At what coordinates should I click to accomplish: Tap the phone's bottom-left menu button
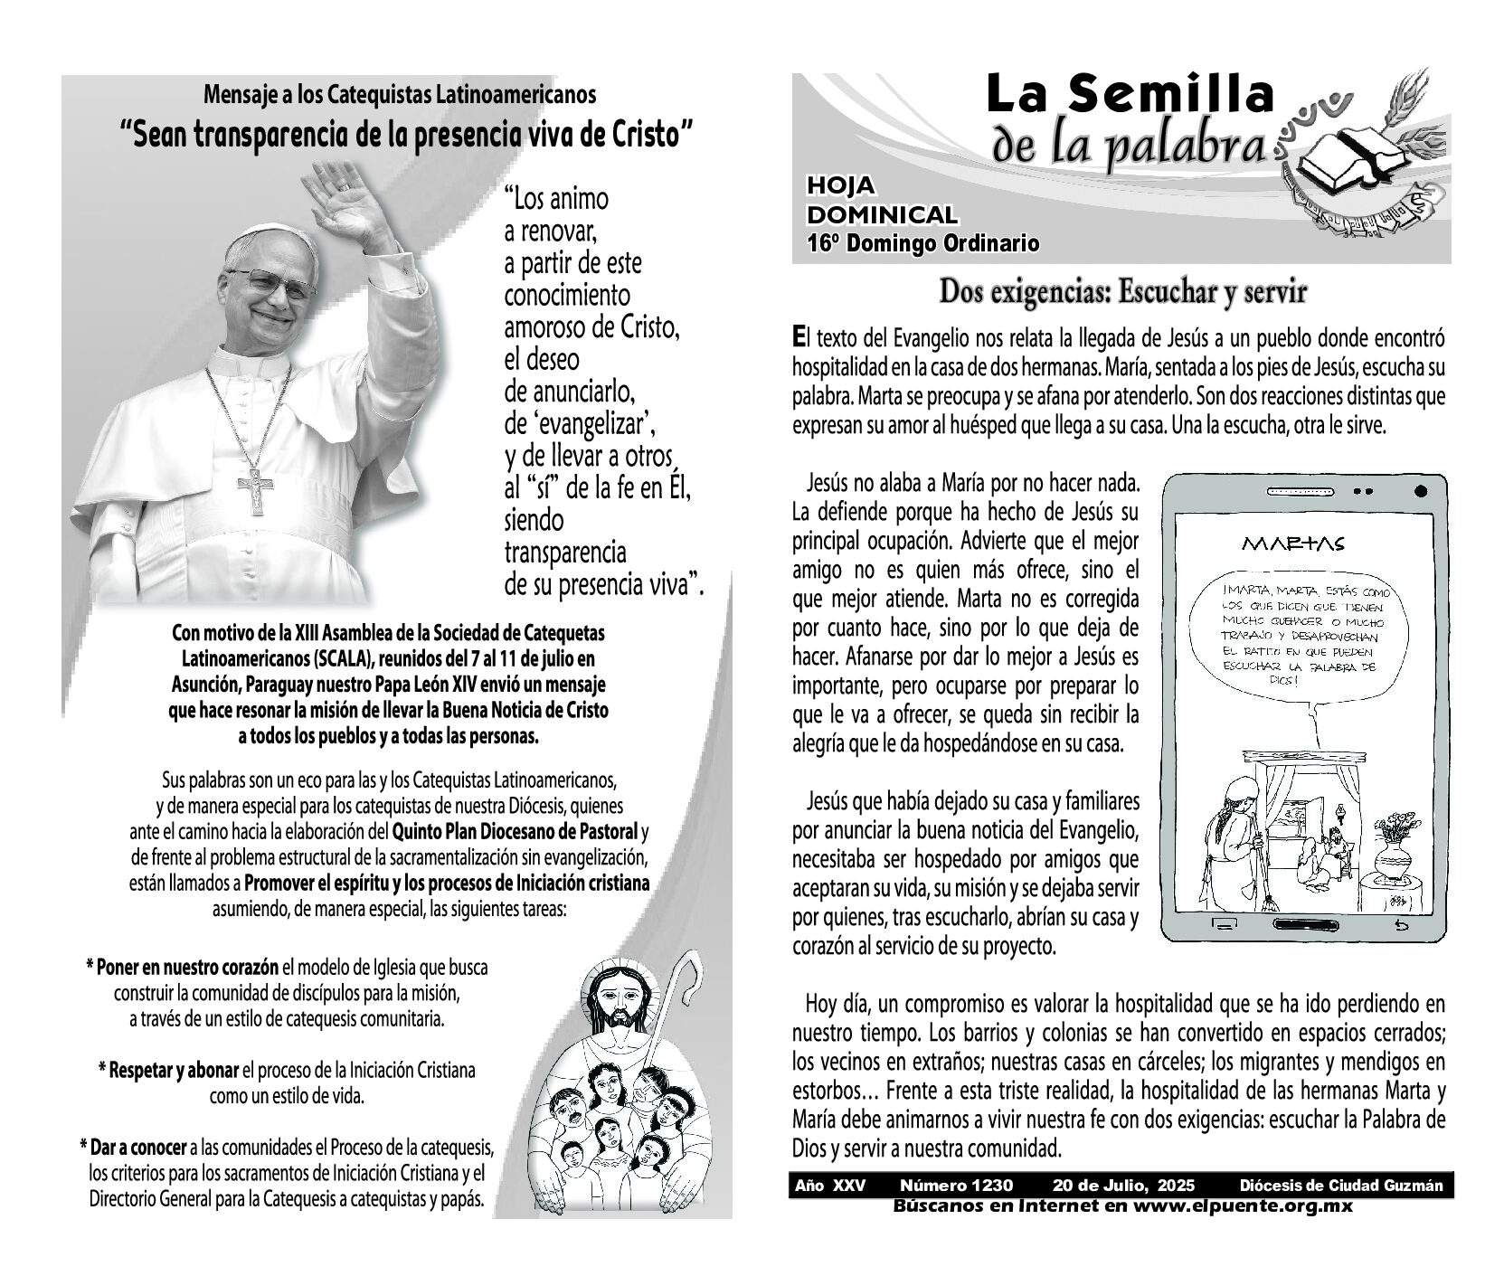click(x=1224, y=925)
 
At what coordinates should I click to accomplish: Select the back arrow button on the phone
click(x=1401, y=925)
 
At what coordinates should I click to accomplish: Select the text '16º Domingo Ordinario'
click(x=922, y=243)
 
